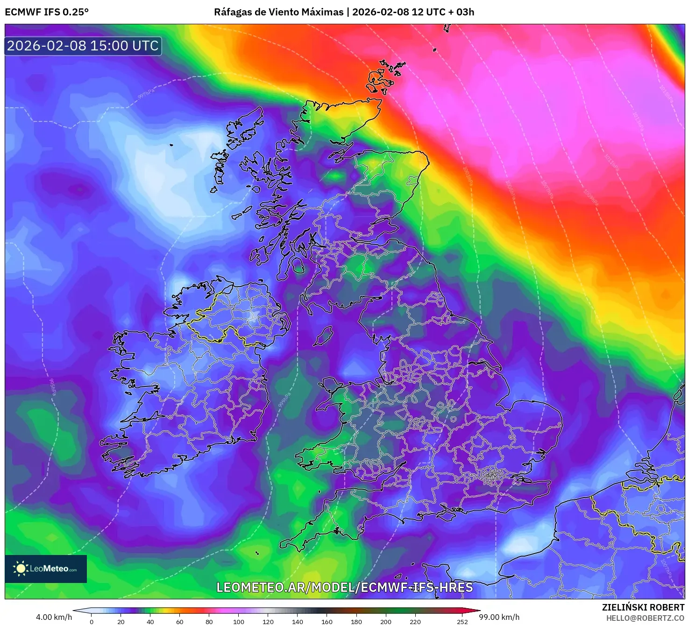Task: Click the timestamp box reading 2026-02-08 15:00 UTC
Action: (x=83, y=46)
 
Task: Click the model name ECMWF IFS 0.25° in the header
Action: (x=47, y=12)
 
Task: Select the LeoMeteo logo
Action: (x=46, y=569)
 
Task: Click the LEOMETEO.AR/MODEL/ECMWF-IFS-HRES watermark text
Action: (x=345, y=587)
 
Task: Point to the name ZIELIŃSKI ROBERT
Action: (x=643, y=607)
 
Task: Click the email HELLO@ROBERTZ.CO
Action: (x=645, y=618)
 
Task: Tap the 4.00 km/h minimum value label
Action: (x=54, y=617)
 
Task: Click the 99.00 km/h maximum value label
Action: (x=499, y=617)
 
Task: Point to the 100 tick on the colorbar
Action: (x=239, y=621)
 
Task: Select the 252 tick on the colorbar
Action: (x=462, y=621)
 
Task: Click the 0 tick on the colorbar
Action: (x=92, y=621)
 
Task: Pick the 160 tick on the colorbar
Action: (x=327, y=621)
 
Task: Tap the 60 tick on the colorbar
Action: (x=180, y=621)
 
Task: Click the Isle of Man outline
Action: (x=323, y=337)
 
